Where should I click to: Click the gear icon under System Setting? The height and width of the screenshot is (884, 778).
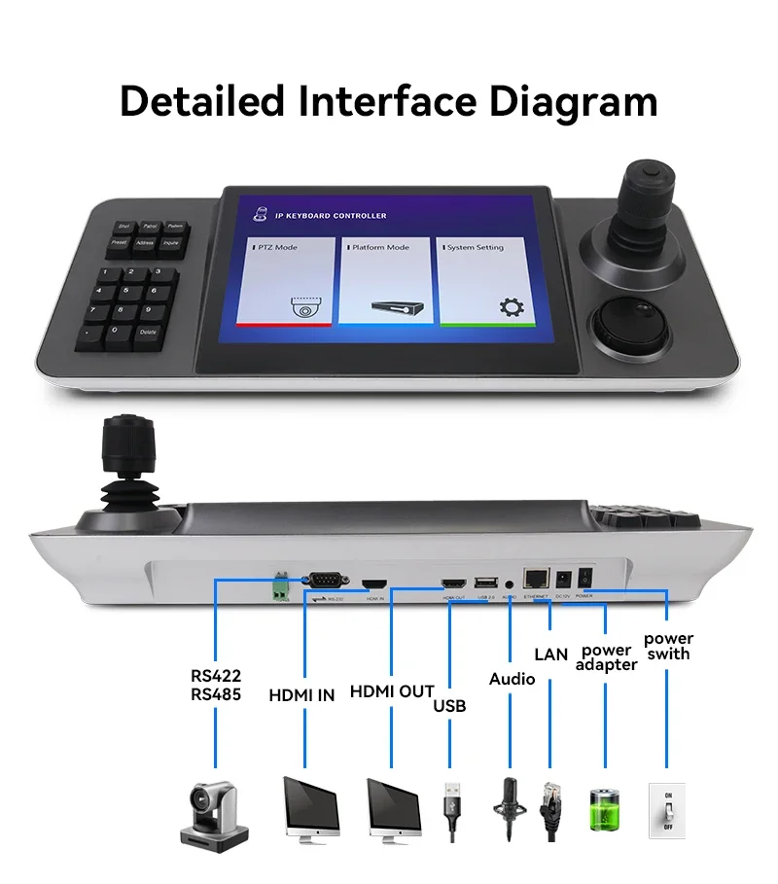(x=510, y=307)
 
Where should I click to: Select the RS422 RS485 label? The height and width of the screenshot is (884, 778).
(x=216, y=685)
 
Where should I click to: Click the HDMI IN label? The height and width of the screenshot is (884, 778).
(x=301, y=694)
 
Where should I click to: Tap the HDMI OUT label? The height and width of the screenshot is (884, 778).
(x=391, y=691)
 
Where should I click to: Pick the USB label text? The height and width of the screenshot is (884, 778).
(x=449, y=705)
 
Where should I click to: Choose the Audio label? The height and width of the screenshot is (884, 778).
(x=512, y=678)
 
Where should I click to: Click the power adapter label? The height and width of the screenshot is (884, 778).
(x=606, y=657)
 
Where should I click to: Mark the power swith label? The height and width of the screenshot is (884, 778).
(x=669, y=646)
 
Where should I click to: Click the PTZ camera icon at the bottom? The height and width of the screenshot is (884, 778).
(x=214, y=809)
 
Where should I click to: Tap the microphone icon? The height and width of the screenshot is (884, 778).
(x=511, y=806)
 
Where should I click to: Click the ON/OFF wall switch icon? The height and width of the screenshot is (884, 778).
(x=667, y=808)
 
